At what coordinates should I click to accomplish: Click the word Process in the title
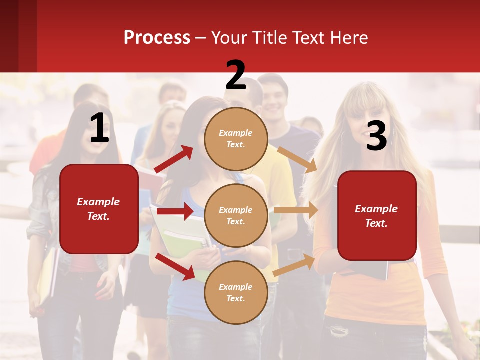(x=157, y=38)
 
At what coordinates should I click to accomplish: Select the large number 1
(x=99, y=128)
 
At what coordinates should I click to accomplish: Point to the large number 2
(x=236, y=75)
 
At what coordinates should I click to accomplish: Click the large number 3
(x=376, y=136)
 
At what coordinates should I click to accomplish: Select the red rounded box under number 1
(x=99, y=209)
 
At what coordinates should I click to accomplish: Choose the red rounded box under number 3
(x=377, y=216)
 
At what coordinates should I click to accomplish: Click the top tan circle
(x=236, y=139)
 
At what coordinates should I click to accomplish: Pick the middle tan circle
(x=236, y=215)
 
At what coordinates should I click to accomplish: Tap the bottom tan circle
(x=236, y=292)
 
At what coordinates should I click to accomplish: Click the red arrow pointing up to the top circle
(x=174, y=159)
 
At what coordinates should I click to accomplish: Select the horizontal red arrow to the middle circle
(x=175, y=211)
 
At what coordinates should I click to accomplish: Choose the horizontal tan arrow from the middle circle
(x=295, y=210)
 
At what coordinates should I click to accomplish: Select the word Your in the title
(x=230, y=38)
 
